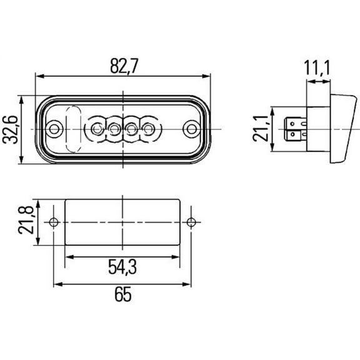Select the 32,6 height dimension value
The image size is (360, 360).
coord(11,129)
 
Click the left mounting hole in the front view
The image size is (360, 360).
coord(56,129)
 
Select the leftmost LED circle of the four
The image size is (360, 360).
coord(96,129)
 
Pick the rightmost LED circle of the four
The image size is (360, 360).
coord(148,129)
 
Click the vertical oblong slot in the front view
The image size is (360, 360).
coord(73,129)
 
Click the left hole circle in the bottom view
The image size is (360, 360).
coord(54,222)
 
